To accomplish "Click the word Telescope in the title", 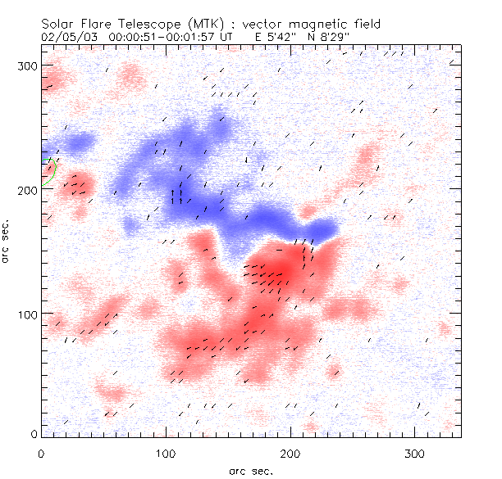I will [153, 25].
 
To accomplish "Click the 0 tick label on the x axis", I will [41, 452].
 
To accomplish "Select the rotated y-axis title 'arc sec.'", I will [7, 241].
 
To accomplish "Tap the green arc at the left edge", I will [52, 171].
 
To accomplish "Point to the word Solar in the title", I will [62, 25].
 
